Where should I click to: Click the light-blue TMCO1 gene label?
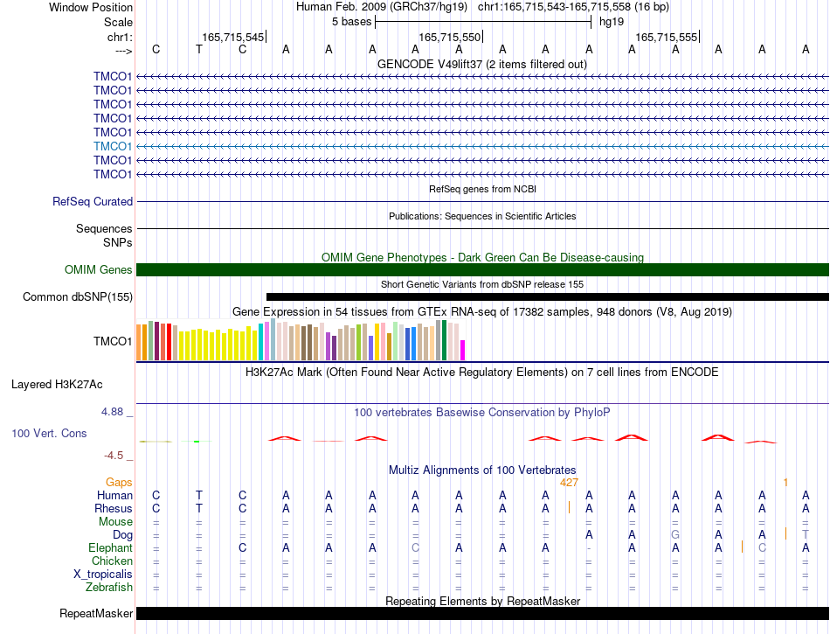tap(113, 146)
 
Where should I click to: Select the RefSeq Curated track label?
tap(93, 202)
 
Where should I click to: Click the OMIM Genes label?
tap(99, 269)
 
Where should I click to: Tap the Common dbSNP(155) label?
tap(78, 296)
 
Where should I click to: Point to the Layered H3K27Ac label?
tap(57, 385)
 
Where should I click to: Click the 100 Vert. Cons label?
tap(49, 433)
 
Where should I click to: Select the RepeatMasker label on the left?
tap(96, 613)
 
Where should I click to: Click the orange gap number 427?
tap(569, 483)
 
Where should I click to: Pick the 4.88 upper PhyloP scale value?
tap(112, 412)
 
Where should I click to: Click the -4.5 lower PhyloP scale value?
tap(114, 456)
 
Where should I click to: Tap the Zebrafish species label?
tap(109, 587)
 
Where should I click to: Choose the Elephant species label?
tap(111, 547)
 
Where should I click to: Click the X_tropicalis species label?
tap(103, 575)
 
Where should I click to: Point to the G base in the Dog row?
tap(675, 535)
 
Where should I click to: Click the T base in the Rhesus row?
tap(199, 508)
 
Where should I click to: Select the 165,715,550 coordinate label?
tap(449, 37)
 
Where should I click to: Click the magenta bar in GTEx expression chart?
tap(463, 350)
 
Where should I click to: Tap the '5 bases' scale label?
tap(352, 22)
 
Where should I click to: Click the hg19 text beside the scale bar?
tap(612, 22)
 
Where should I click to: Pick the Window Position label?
tap(91, 7)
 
